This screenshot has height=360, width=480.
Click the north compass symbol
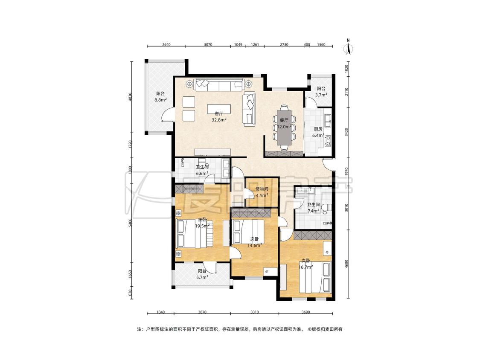point(348,47)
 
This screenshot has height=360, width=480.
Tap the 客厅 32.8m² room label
point(219,116)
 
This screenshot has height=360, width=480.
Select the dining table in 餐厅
point(285,128)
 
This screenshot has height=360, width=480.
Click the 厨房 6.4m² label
point(318,132)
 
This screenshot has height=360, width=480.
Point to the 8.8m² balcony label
point(160,97)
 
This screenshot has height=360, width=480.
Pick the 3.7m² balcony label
point(321,92)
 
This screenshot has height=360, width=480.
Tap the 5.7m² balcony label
point(202,274)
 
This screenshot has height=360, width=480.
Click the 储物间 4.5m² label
point(262,192)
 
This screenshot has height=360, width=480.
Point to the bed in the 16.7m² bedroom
point(315,277)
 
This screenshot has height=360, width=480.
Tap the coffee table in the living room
point(219,109)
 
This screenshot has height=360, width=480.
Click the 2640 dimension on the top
point(166,44)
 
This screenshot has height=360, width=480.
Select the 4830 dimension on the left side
point(131,97)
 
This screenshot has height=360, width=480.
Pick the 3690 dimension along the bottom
point(305,312)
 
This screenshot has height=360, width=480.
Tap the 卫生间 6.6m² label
point(202,170)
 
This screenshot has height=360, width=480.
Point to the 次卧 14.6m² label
point(255,242)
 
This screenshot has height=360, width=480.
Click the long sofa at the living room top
point(218,85)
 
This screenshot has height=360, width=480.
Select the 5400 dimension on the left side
point(131,223)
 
